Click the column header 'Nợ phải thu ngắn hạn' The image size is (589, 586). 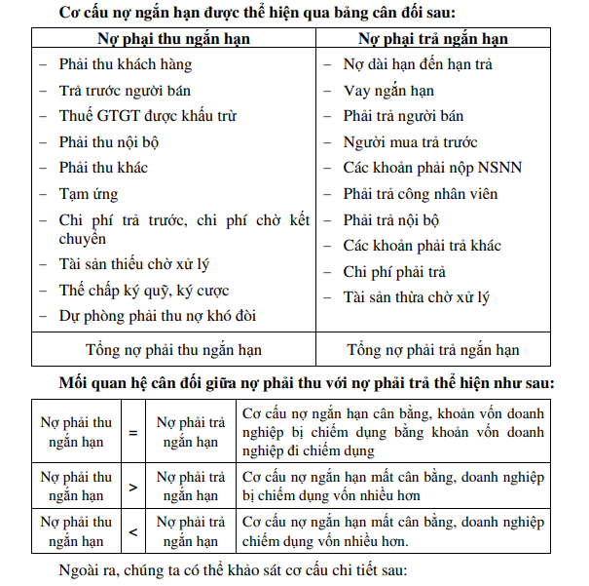coord(173,39)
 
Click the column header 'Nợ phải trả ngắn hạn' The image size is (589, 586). coord(432,39)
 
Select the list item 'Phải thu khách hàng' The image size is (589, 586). coord(125,64)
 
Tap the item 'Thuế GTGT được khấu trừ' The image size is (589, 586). coord(147,116)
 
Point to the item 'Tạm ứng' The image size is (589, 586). coord(88,194)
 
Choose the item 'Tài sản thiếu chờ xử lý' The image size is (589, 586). coord(133,264)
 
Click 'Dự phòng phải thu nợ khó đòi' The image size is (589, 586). coord(157,316)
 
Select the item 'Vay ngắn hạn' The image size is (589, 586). coord(388,91)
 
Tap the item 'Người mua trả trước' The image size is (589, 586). coord(410,142)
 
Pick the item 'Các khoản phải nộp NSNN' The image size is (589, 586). coord(432,168)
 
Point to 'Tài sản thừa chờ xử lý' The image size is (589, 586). coord(416,297)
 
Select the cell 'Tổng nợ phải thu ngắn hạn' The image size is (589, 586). coord(173,349)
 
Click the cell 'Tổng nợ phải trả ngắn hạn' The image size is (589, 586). coord(432,349)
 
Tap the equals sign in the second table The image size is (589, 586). coord(133,432)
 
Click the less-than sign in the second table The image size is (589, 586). coord(133,531)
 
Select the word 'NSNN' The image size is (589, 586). coord(498,168)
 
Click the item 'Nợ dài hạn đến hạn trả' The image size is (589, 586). coord(418,64)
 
